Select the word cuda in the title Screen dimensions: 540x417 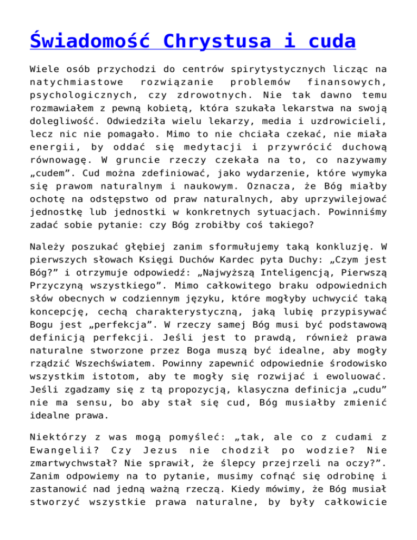tap(326, 42)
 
